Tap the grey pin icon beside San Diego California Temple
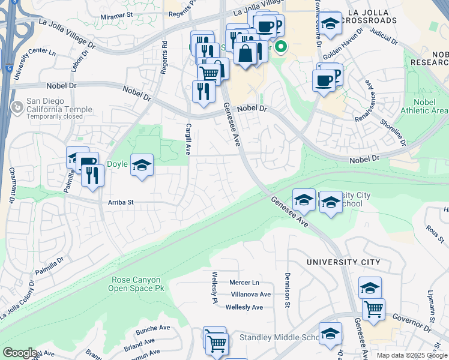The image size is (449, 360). [17, 107]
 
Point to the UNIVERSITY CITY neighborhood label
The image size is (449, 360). [343, 262]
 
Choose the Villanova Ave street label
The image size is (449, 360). [251, 294]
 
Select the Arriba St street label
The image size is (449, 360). [121, 203]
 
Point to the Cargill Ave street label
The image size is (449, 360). [188, 139]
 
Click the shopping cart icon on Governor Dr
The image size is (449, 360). [373, 310]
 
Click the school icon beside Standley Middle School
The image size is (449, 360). [330, 334]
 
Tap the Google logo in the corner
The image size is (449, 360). [19, 353]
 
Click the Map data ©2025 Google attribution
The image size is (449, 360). [412, 355]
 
